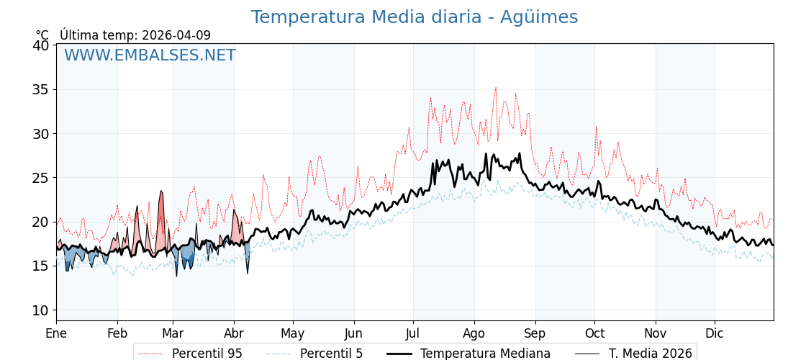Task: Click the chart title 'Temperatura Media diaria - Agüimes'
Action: pyautogui.click(x=414, y=17)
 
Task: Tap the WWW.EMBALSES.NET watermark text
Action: pyautogui.click(x=150, y=55)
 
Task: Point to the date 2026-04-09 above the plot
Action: pyautogui.click(x=176, y=35)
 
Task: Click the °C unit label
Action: pyautogui.click(x=42, y=35)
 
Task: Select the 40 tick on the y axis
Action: pyautogui.click(x=41, y=45)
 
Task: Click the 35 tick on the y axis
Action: pyautogui.click(x=41, y=89)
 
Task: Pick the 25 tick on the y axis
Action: pyautogui.click(x=41, y=178)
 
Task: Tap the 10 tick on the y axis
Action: pyautogui.click(x=41, y=310)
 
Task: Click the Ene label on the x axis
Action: pyautogui.click(x=56, y=334)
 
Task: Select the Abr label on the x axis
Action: pyautogui.click(x=234, y=334)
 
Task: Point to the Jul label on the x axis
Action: pyautogui.click(x=413, y=334)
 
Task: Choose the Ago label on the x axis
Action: pyautogui.click(x=474, y=334)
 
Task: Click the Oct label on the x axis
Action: pyautogui.click(x=594, y=334)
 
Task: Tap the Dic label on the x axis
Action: pyautogui.click(x=715, y=334)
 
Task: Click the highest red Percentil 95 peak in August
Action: pyautogui.click(x=495, y=88)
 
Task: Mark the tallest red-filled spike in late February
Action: pyautogui.click(x=161, y=192)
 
